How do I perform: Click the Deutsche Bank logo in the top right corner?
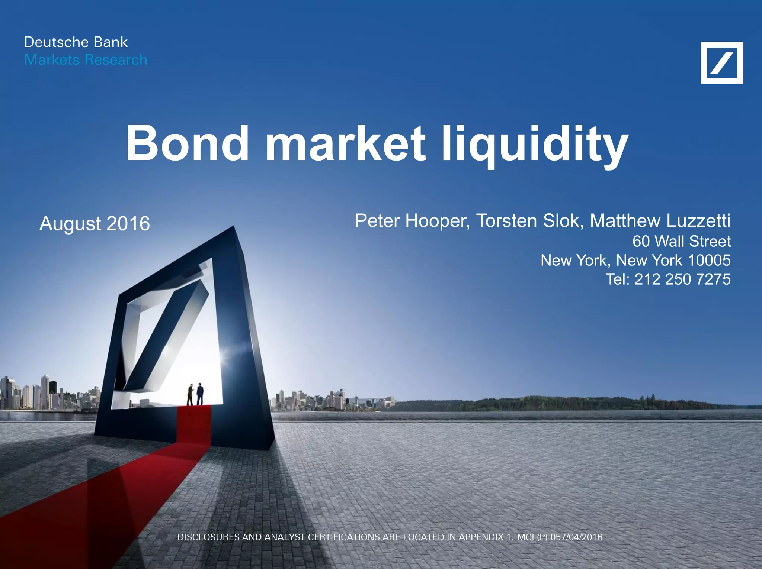click(x=721, y=63)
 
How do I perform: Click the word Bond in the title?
click(x=187, y=143)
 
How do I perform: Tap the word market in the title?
click(x=345, y=143)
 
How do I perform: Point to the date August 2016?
click(x=95, y=224)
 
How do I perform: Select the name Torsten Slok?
click(x=528, y=221)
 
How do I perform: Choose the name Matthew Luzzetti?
click(x=660, y=221)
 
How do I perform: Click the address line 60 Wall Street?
click(x=681, y=242)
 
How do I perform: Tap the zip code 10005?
click(x=709, y=261)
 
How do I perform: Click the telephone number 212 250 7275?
click(x=682, y=279)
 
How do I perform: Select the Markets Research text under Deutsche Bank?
click(x=86, y=60)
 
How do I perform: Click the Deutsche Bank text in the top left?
click(x=76, y=42)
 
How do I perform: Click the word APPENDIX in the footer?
click(x=481, y=537)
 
